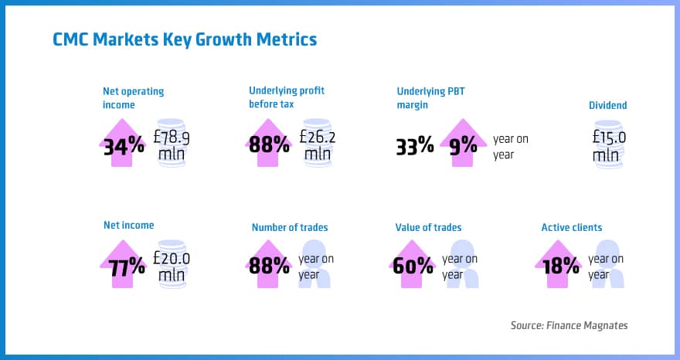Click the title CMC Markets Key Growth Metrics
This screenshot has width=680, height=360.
coord(185,39)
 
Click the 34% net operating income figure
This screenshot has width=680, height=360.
coord(124,144)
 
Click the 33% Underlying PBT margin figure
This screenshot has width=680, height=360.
coord(414,145)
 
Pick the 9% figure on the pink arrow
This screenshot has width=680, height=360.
coord(463,145)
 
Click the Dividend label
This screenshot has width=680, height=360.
coord(607,105)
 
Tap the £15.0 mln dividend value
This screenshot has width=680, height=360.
coord(609,145)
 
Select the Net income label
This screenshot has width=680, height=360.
coord(128,226)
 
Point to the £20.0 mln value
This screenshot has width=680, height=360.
coord(172,267)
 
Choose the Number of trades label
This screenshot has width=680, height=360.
coord(289,227)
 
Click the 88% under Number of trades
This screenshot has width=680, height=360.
coord(269,267)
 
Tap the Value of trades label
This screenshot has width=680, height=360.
coord(428,227)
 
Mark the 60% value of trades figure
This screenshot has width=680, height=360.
coord(413,267)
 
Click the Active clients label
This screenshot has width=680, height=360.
coord(571,227)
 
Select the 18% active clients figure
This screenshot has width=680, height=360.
coord(559,267)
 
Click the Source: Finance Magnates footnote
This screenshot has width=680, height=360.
coord(569,325)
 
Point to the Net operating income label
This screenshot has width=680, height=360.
coord(133,97)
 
